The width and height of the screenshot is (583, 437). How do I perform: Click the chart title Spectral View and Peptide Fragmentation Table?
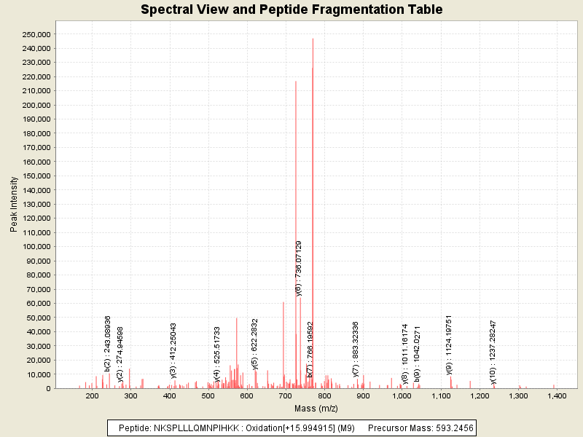(x=291, y=9)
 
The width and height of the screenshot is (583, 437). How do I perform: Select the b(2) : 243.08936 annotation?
(x=108, y=344)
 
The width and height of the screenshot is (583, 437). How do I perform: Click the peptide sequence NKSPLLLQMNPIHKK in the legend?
(x=189, y=428)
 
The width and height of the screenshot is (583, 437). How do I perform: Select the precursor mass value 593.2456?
(x=447, y=428)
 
